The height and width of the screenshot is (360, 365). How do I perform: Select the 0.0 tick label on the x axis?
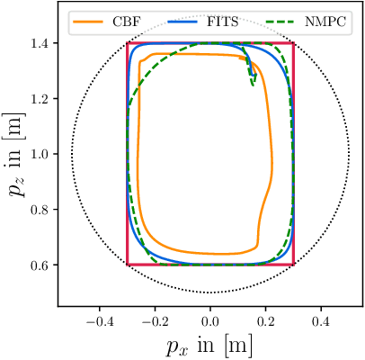click(210, 320)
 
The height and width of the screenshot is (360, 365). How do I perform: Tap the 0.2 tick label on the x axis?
click(266, 320)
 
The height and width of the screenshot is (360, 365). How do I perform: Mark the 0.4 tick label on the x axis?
click(321, 320)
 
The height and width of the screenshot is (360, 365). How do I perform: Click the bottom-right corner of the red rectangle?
click(293, 265)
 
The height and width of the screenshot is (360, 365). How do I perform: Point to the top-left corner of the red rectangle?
click(128, 43)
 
